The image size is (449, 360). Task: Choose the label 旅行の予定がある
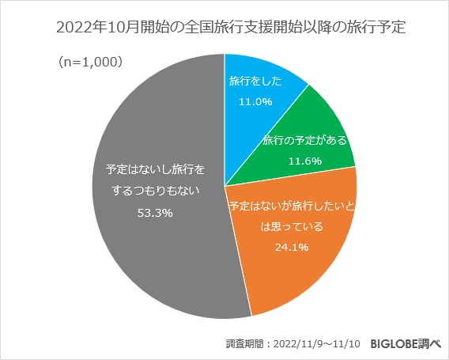click(x=306, y=139)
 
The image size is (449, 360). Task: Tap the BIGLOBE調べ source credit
click(x=405, y=344)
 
